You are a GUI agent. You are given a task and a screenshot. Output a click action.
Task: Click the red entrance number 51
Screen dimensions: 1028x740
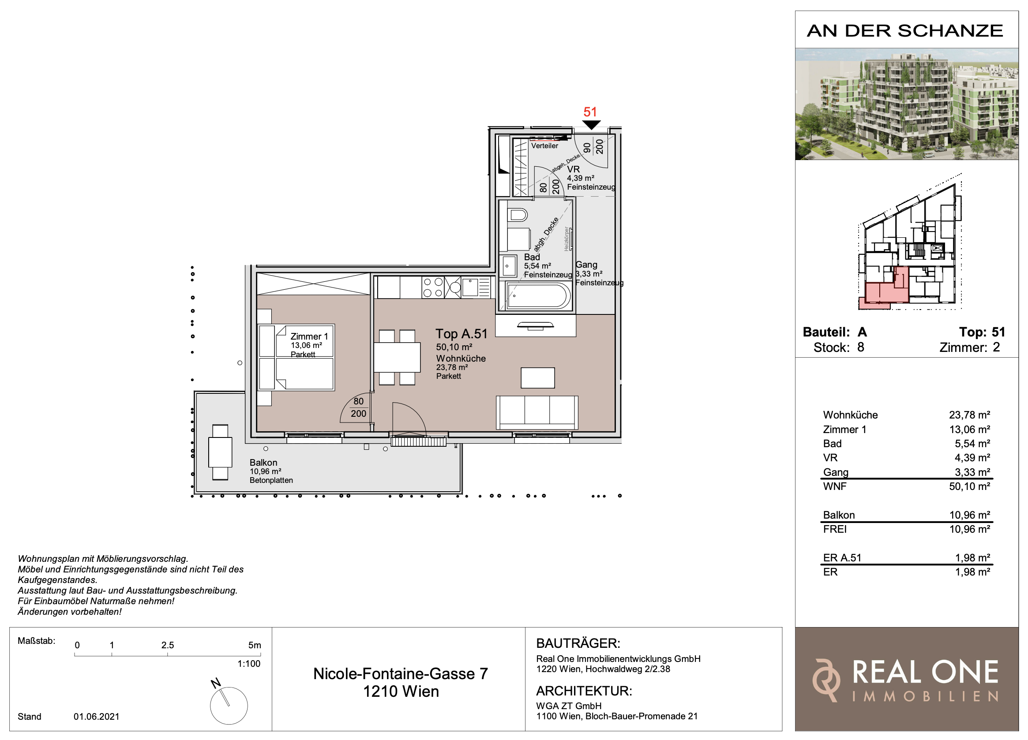click(x=590, y=112)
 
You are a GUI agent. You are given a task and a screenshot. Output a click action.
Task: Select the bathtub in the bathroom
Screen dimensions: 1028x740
click(x=538, y=296)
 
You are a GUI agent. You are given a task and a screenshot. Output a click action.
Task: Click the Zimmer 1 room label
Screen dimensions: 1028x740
click(x=309, y=336)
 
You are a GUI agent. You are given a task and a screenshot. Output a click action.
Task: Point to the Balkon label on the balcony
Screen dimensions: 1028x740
click(x=263, y=462)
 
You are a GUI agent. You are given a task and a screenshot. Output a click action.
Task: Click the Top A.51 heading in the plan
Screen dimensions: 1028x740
click(x=461, y=333)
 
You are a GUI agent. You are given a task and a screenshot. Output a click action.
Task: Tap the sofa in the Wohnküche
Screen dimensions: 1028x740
click(x=537, y=412)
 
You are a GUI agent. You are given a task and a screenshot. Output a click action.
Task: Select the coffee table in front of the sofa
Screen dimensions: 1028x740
click(x=537, y=378)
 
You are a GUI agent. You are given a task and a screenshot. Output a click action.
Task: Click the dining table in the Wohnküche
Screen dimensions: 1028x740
click(x=397, y=357)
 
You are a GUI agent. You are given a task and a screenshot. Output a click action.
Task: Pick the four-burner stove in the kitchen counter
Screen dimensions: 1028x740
click(x=433, y=287)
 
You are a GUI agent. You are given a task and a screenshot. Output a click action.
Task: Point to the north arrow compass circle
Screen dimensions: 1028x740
click(x=229, y=706)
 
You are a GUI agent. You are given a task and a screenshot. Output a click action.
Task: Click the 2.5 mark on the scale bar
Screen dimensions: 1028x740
click(x=168, y=645)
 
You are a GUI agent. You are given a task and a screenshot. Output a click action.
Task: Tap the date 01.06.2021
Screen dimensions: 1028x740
click(x=97, y=717)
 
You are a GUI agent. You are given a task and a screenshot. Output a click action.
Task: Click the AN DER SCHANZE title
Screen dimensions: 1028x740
click(x=905, y=31)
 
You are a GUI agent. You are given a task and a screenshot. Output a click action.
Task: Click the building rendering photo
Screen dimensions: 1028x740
click(x=907, y=104)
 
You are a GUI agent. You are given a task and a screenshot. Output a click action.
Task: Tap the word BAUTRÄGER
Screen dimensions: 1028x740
click(x=578, y=643)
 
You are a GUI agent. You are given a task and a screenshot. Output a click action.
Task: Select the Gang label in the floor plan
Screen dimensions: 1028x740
click(x=586, y=264)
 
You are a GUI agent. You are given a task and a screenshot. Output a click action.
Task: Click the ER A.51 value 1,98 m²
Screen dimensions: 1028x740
click(x=973, y=557)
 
